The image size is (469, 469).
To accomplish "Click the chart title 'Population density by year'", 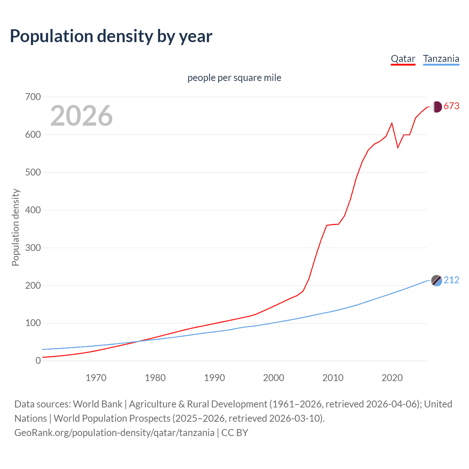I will [x=111, y=36].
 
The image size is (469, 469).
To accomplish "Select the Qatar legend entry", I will [x=403, y=59].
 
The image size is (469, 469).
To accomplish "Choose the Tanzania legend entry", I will [x=441, y=59].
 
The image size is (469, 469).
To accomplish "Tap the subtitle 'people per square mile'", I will [x=234, y=78].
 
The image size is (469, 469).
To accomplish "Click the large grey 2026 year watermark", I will [x=81, y=116].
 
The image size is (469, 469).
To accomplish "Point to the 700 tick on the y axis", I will [x=33, y=97].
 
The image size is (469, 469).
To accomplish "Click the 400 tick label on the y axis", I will [x=33, y=210].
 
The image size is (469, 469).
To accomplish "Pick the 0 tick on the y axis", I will [x=38, y=361].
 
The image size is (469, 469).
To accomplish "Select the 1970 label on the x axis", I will [x=96, y=378].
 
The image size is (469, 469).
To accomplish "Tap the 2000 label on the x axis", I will [x=273, y=378].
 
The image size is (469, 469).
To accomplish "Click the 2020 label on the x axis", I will [x=392, y=378].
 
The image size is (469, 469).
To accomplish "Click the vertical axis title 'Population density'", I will [x=15, y=227].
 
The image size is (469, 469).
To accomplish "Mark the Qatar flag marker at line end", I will [x=436, y=107].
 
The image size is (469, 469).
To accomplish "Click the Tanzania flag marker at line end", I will [x=436, y=281].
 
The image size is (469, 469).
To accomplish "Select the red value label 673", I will [x=451, y=106].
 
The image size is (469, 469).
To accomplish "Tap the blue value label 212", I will [x=451, y=280].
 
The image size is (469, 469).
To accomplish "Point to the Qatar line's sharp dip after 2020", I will [x=398, y=148].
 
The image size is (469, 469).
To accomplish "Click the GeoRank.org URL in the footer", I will [x=114, y=433].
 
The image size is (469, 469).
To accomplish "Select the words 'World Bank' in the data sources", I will [x=97, y=404].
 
